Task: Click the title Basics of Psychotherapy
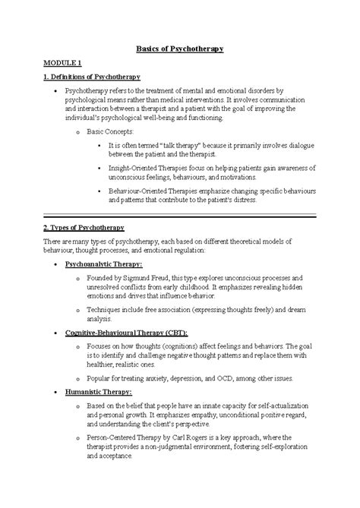pyautogui.click(x=180, y=49)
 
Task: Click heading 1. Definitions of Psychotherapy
pyautogui.click(x=91, y=77)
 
